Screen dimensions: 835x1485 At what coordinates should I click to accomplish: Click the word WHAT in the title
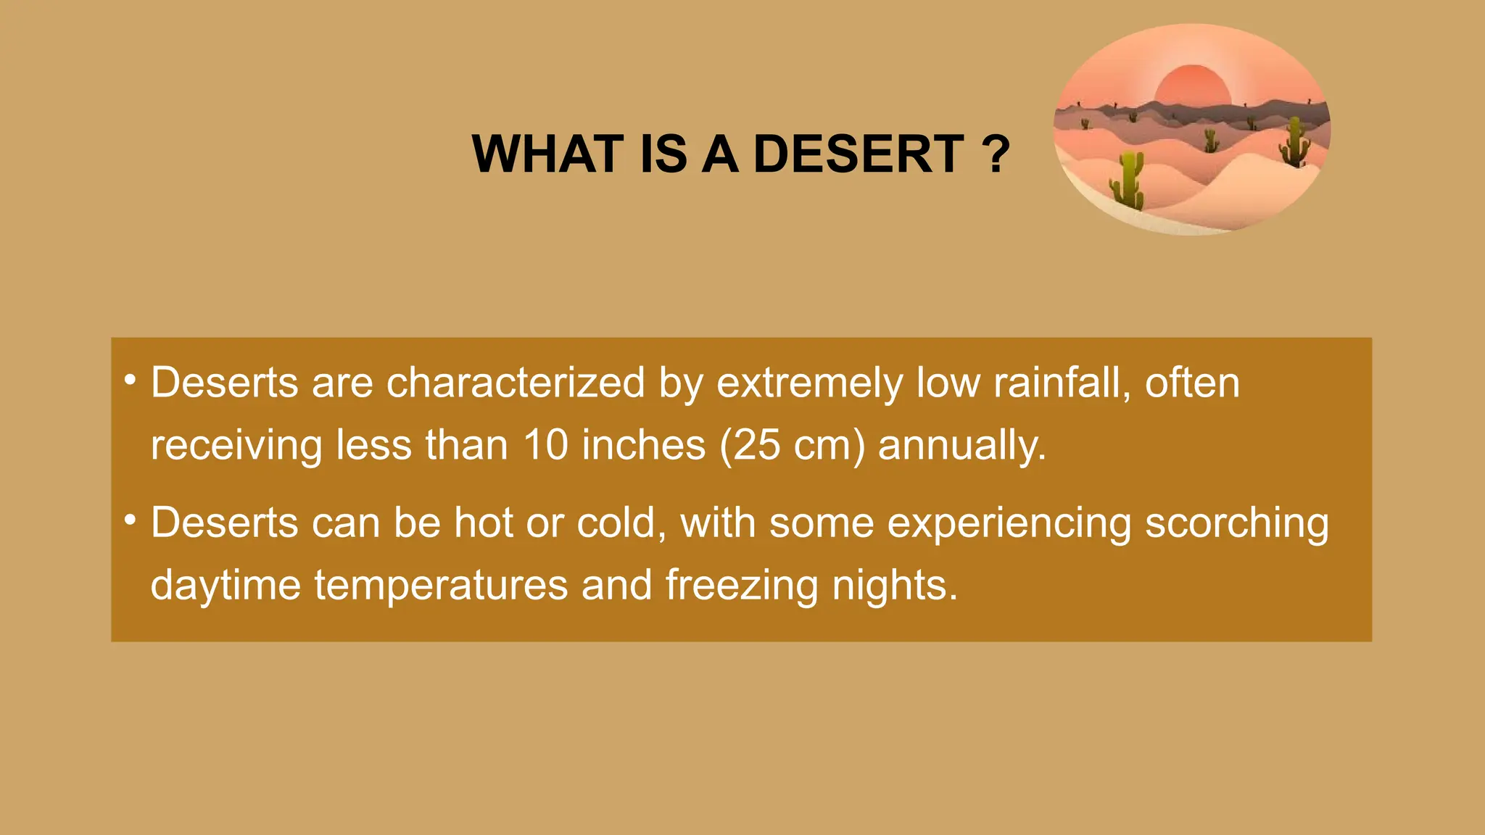click(547, 154)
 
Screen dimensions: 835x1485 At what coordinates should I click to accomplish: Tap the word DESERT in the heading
click(859, 154)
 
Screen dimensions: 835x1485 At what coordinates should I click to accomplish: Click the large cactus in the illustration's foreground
click(1128, 181)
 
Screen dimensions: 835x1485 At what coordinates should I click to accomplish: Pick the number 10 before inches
click(545, 444)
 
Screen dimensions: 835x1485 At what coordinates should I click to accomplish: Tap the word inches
click(643, 444)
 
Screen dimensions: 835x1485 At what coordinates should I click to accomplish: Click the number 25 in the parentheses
click(756, 444)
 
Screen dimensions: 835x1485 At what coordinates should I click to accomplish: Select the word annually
click(961, 446)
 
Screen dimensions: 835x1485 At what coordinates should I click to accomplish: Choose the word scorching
click(1236, 523)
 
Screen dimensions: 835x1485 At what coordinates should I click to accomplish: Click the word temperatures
click(441, 585)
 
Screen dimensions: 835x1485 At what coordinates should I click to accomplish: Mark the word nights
click(894, 585)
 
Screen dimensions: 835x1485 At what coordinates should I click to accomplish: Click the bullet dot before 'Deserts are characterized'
click(130, 379)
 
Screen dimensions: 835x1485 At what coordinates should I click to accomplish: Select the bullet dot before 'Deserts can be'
click(130, 519)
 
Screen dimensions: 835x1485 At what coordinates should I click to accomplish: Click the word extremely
click(809, 383)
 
